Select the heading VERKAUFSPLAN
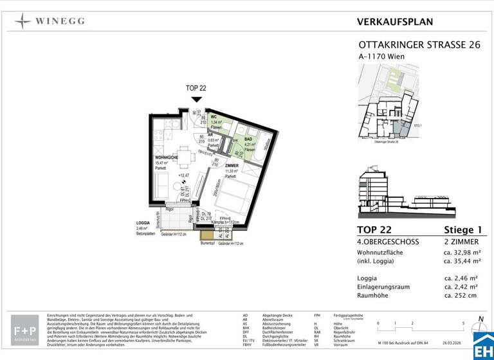coord(394,21)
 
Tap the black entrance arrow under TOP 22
coord(196,99)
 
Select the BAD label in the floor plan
coord(248,139)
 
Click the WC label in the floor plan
coord(214,117)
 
